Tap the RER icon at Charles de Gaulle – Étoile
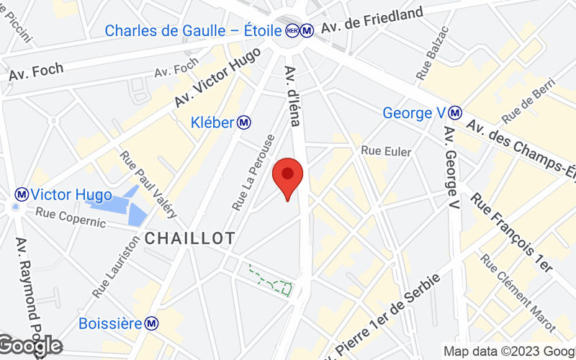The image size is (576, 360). [x=292, y=31]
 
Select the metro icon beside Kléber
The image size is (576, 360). [x=245, y=122]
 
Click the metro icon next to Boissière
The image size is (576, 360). [x=152, y=323]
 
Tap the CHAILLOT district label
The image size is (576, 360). [x=190, y=238]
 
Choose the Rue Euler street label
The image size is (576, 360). [x=386, y=151]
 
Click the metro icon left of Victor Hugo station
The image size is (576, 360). [x=22, y=194]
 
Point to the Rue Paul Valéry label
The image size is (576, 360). [x=147, y=184]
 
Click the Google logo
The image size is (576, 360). [x=30, y=347]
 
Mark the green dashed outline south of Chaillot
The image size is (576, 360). [x=271, y=281]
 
